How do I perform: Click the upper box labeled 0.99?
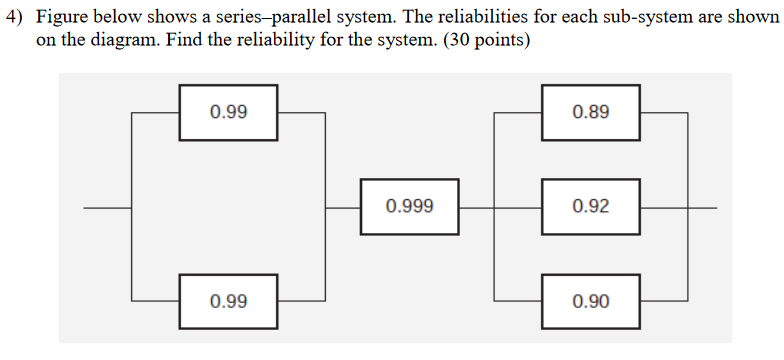(229, 112)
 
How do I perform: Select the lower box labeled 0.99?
(229, 301)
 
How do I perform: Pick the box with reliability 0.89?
(591, 112)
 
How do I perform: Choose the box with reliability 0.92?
(591, 207)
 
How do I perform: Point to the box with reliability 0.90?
(591, 301)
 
